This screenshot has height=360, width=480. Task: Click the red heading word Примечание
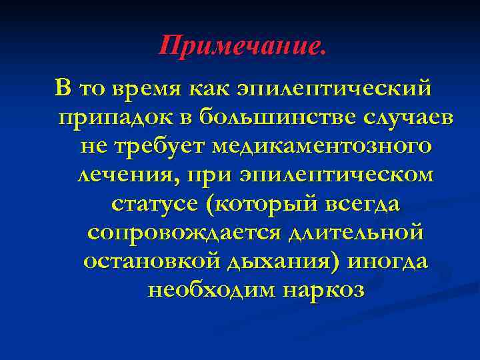pyautogui.click(x=243, y=46)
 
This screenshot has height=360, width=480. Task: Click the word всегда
pyautogui.click(x=364, y=204)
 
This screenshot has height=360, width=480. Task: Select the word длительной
pyautogui.click(x=356, y=233)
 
